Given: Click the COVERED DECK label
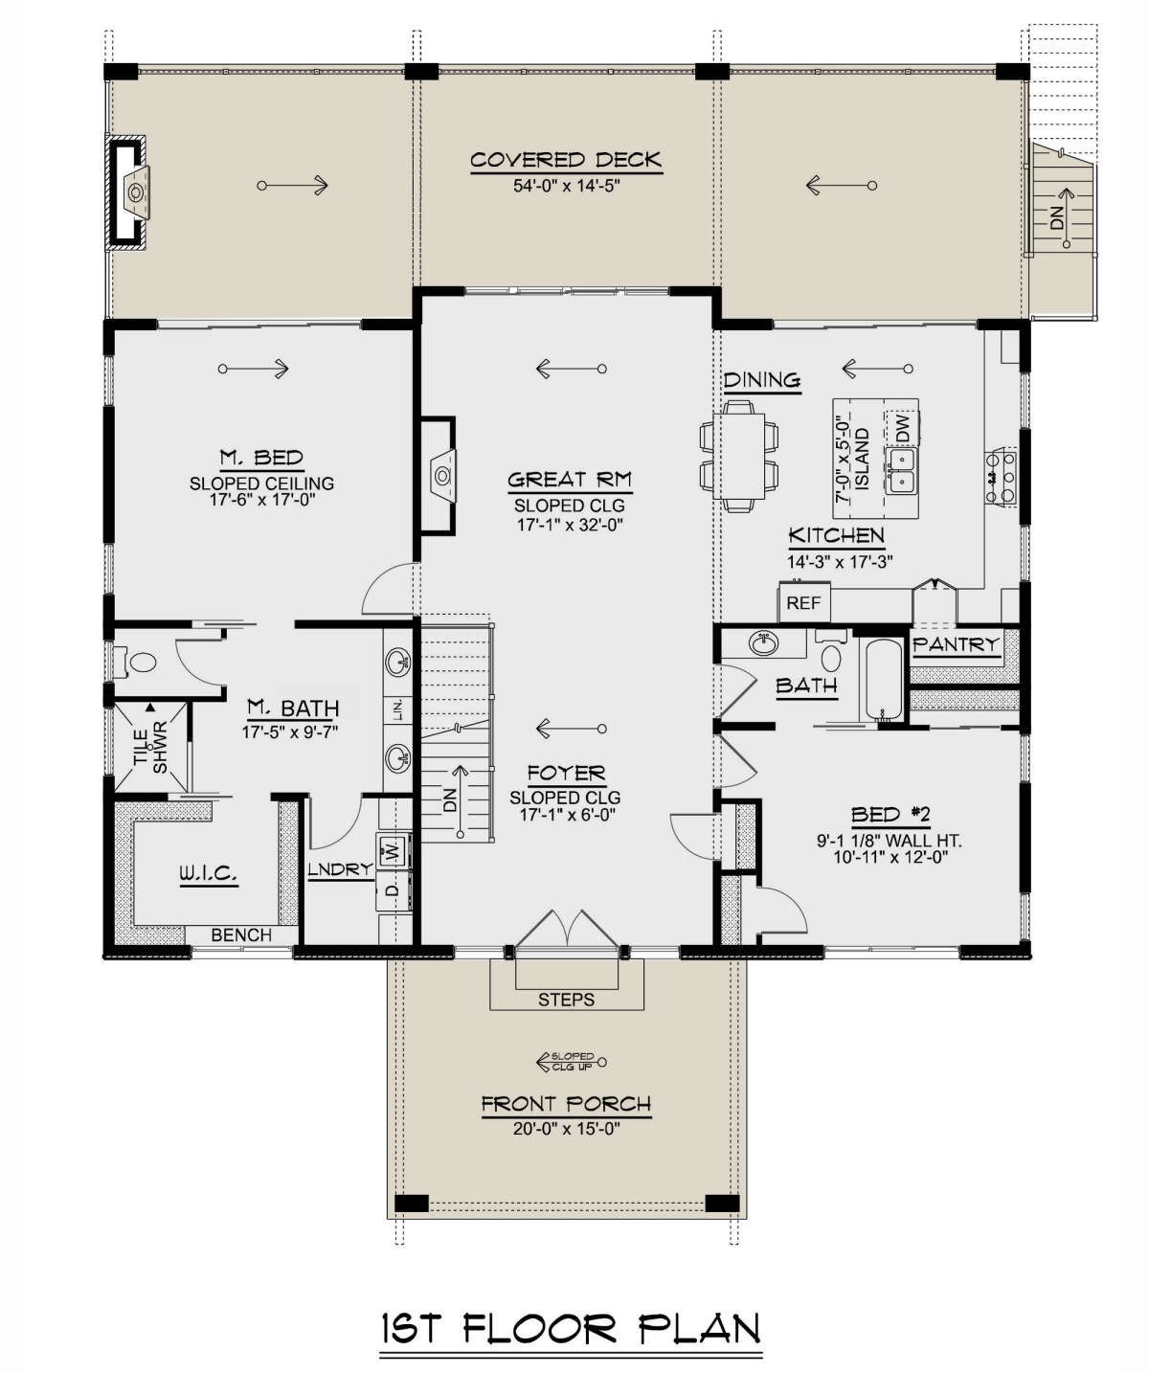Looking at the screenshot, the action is [x=566, y=161].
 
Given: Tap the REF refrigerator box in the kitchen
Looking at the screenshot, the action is [x=803, y=602].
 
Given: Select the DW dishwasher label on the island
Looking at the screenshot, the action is [x=903, y=428].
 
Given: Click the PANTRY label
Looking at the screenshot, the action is [x=956, y=644].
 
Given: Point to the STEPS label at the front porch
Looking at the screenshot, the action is [x=566, y=1001].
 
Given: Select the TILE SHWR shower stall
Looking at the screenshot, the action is [x=151, y=748].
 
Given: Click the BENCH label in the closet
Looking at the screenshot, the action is [x=240, y=935].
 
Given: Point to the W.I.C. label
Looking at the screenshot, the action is [x=209, y=874].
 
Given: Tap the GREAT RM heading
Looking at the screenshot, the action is [x=570, y=480].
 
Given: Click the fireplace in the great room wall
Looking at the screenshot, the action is [x=438, y=476].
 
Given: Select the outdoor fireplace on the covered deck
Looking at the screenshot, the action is [x=129, y=192].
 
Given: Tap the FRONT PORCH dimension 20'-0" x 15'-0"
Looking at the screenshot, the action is [x=566, y=1129].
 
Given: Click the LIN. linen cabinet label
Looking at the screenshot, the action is [x=398, y=710].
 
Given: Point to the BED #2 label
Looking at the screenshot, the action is [x=890, y=816].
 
